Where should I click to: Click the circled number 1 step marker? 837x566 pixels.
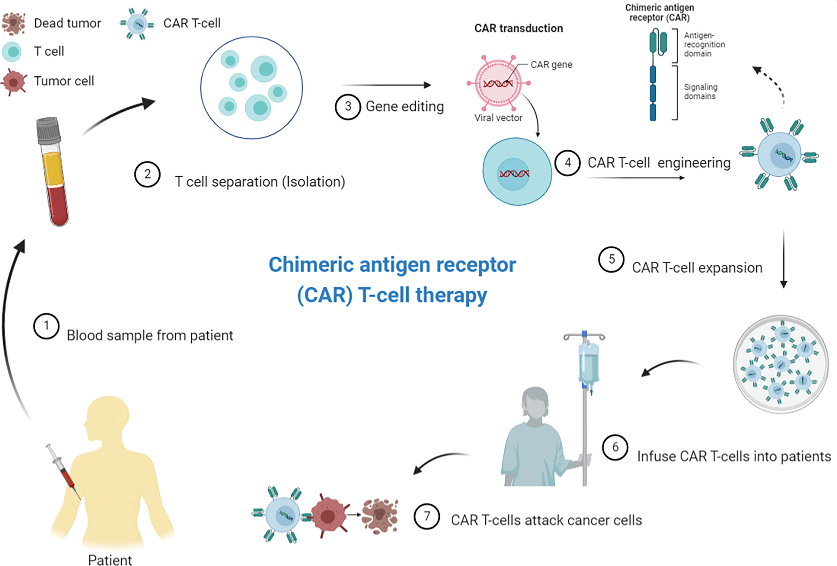pos(46,326)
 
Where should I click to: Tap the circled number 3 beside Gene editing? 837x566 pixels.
pos(348,107)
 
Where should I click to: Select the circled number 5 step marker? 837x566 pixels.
pos(612,259)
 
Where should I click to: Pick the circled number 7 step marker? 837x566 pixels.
pos(427,516)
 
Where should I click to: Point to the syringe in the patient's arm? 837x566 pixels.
pos(62,469)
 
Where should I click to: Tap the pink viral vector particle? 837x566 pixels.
pos(498,83)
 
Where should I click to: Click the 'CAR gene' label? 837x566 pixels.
pos(551,65)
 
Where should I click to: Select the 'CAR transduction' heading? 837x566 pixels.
pos(519,28)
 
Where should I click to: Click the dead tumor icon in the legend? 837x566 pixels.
pos(13,23)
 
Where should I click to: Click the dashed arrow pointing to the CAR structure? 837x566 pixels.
pos(772,84)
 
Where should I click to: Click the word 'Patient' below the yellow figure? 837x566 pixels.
pos(110,560)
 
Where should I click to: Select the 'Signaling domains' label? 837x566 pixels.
pos(700,92)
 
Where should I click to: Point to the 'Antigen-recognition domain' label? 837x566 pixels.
pos(704,44)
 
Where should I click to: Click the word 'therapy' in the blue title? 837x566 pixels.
pos(451,295)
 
